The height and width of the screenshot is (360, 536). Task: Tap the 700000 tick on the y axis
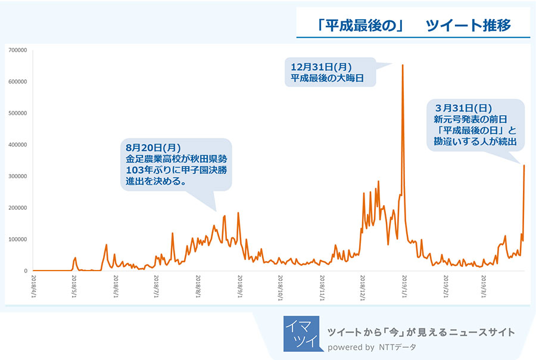(18, 50)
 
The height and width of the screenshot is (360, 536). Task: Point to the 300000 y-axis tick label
(18, 176)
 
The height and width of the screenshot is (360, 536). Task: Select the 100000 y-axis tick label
(18, 240)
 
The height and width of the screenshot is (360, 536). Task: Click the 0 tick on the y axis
(26, 271)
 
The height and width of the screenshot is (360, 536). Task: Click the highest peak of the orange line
(403, 65)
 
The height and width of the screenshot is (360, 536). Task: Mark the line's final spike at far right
(523, 166)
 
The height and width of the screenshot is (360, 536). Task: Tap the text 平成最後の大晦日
(327, 78)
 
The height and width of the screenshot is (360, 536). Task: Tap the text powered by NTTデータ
(372, 347)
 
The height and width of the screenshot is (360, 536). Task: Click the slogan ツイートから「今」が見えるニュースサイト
(421, 332)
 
